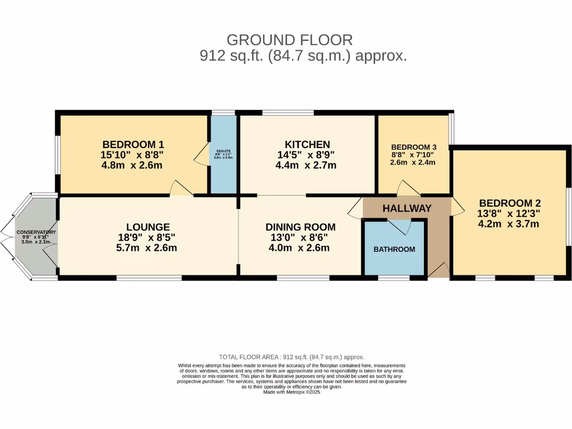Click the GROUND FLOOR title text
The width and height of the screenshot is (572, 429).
[289, 40]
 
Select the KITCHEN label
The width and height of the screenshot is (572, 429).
[307, 144]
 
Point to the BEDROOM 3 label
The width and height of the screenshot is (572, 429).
[414, 147]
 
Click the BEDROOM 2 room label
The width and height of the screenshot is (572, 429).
[509, 203]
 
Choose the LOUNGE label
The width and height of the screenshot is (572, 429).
[148, 227]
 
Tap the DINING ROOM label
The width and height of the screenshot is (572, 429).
[301, 227]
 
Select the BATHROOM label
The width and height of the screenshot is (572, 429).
[394, 249]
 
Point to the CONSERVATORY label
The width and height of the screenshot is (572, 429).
[36, 232]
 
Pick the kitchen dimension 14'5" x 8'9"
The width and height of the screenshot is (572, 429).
[307, 155]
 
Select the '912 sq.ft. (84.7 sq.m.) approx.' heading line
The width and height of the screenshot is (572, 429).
[303, 56]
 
